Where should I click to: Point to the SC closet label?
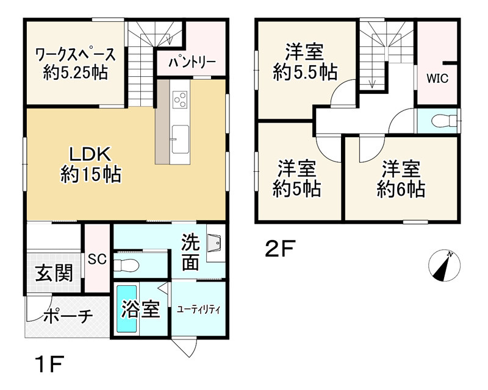click(x=97, y=259)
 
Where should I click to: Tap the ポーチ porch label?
click(x=68, y=316)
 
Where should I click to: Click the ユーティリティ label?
click(x=199, y=309)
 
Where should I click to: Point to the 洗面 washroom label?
click(x=190, y=252)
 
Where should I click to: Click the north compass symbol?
click(x=444, y=266)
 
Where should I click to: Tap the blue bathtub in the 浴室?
click(x=126, y=308)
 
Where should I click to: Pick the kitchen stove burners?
click(x=180, y=98)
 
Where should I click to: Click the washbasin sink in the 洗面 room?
click(x=215, y=246)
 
